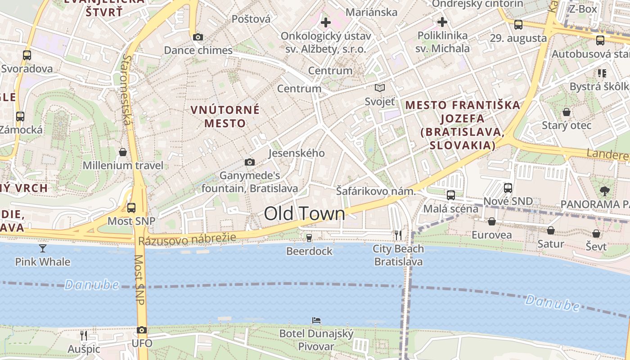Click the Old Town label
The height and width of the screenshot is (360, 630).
[304, 214]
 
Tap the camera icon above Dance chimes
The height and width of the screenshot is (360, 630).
[198, 37]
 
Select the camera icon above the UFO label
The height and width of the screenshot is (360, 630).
[142, 330]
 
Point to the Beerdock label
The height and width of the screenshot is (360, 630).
[309, 251]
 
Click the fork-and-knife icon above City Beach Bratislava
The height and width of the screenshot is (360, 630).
[398, 235]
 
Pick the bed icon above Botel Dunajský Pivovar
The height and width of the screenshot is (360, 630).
[316, 320]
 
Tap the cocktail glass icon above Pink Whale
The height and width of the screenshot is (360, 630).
[43, 248]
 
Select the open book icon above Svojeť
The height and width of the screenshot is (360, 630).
[380, 88]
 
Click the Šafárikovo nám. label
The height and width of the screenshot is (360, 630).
[376, 191]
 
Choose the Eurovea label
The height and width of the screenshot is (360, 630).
[491, 235]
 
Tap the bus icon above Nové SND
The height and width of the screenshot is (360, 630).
[508, 188]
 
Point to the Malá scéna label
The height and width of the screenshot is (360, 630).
[450, 209]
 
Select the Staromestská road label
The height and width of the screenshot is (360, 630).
[128, 90]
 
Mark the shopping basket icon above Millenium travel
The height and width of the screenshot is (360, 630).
[123, 152]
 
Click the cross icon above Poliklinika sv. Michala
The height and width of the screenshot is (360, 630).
[442, 22]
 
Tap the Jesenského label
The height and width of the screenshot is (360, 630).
[296, 153]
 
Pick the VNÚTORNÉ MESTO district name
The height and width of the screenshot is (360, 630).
[225, 116]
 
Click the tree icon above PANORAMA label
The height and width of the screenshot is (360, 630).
[605, 191]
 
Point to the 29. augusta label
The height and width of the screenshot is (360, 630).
[518, 38]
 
